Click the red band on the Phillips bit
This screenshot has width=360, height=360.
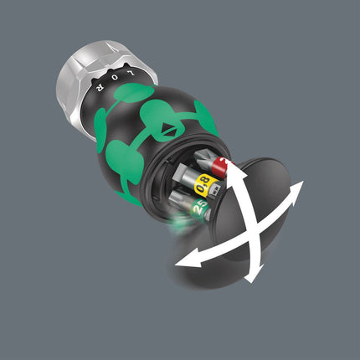pos(218,167)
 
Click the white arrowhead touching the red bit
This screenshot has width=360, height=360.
pos(231,168)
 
